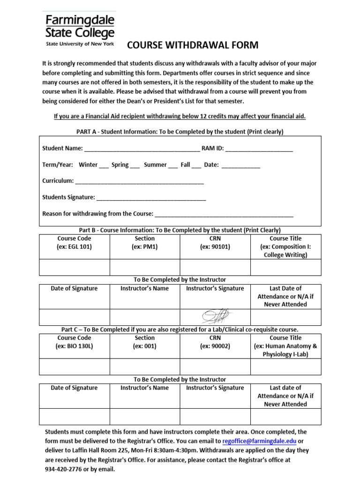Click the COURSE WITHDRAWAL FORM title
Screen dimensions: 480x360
[x=193, y=45]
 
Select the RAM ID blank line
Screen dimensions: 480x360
[x=259, y=150]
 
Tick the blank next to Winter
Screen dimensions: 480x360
[x=104, y=166]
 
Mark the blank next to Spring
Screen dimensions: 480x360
[x=135, y=166]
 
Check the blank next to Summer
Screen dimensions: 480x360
[x=172, y=166]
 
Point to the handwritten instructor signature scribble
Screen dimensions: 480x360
[x=215, y=316]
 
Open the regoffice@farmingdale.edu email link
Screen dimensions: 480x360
[x=259, y=441]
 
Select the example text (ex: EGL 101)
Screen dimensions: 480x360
[x=74, y=247]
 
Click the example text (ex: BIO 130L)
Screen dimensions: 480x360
[x=74, y=346]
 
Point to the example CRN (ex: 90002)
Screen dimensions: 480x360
[x=215, y=346]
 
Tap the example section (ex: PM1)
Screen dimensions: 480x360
[x=144, y=247]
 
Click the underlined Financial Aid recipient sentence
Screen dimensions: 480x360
[x=180, y=116]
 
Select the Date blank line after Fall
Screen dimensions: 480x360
[x=240, y=166]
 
